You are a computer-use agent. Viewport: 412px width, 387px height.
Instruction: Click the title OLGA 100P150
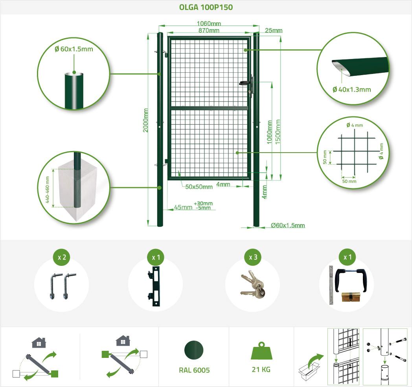[206, 7]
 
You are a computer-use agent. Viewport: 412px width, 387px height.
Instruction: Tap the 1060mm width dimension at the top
[209, 23]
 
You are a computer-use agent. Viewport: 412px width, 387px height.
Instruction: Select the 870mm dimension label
[209, 30]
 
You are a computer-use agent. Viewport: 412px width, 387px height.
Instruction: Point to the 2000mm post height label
[145, 120]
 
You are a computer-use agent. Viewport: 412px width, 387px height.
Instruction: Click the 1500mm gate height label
[278, 132]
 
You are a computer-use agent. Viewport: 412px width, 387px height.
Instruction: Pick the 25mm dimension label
[274, 31]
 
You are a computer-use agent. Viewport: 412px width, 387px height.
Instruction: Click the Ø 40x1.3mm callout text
[351, 90]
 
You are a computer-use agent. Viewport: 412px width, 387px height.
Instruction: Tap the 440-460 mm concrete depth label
[47, 190]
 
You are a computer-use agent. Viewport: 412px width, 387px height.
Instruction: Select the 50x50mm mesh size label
[199, 187]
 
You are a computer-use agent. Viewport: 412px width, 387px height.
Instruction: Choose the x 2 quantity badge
[62, 257]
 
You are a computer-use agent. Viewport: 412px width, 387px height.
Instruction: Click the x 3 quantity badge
[253, 257]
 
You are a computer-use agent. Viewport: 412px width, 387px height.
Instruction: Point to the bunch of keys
[252, 284]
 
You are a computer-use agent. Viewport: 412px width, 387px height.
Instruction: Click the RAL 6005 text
[194, 370]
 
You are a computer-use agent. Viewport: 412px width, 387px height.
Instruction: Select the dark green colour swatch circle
[194, 350]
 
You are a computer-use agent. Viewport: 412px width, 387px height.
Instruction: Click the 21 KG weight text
[261, 369]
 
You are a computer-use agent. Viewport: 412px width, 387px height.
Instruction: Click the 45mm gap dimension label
[183, 207]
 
